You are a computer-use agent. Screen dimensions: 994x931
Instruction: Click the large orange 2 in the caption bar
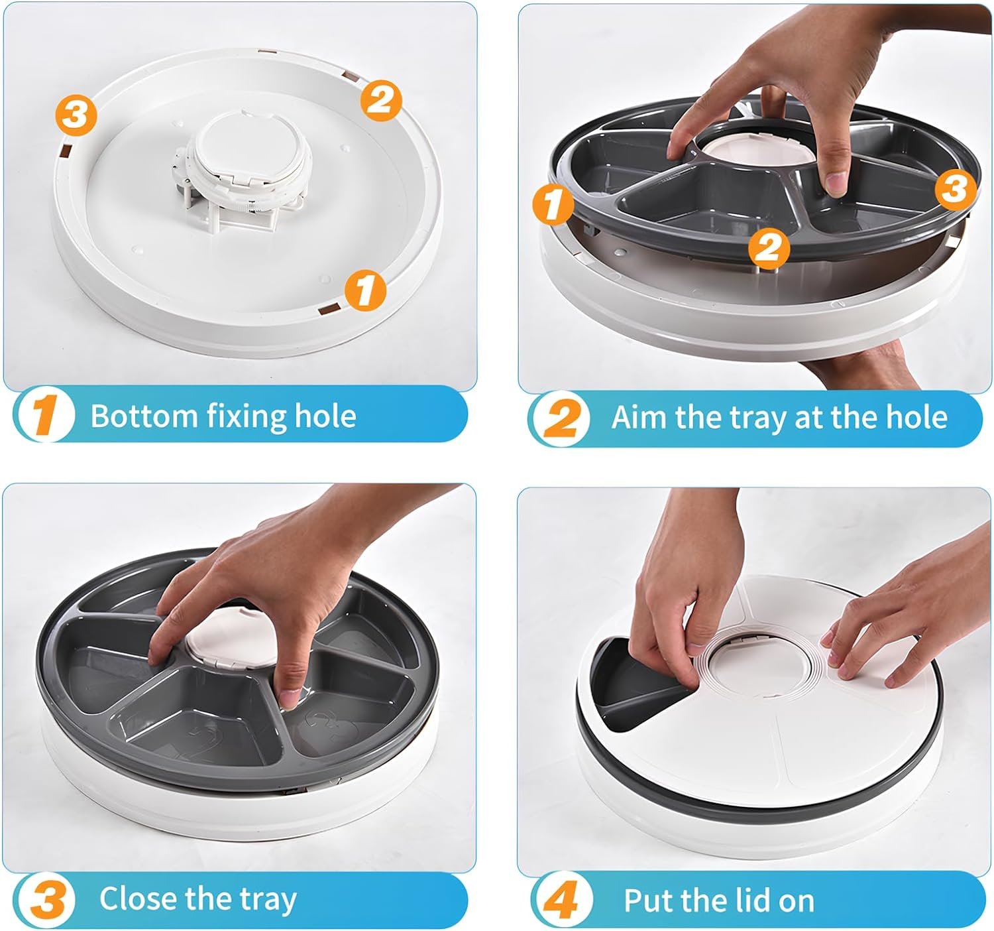point(562,418)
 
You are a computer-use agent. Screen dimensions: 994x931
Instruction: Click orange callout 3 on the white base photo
point(76,115)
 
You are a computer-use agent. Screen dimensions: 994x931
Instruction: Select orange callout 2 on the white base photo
point(381,101)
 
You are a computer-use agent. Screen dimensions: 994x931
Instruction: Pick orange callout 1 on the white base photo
point(365,290)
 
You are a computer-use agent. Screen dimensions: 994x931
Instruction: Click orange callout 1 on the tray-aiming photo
point(553,204)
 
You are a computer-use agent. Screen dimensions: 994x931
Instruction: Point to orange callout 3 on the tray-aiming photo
point(955,189)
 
